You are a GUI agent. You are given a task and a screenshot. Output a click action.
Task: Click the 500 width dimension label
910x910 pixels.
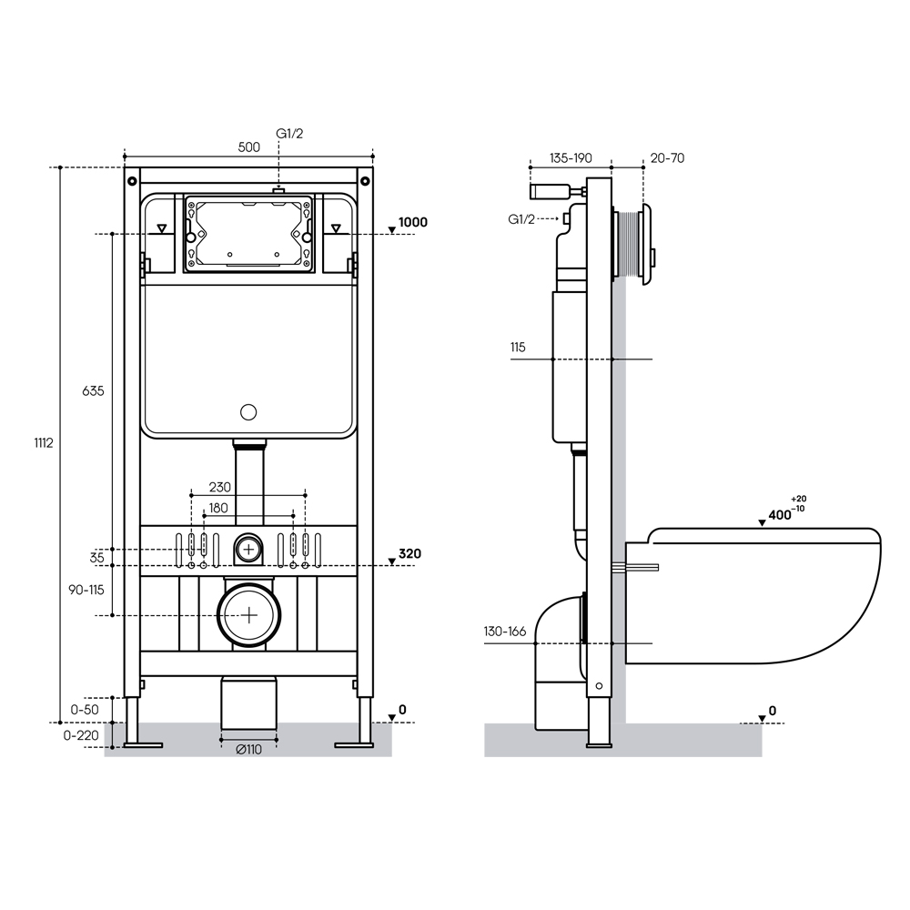[x=249, y=147]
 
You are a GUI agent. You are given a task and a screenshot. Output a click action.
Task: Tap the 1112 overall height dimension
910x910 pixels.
[x=44, y=443]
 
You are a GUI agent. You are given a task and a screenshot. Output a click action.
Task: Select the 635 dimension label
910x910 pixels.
[x=93, y=391]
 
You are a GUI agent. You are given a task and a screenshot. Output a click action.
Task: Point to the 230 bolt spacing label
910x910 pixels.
[x=220, y=488]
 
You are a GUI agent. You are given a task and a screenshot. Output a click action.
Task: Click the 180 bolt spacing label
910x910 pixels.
[x=218, y=509]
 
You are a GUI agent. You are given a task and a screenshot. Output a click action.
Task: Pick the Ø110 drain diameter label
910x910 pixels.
[x=249, y=750]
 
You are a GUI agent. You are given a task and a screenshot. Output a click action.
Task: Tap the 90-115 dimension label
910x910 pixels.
[x=86, y=591]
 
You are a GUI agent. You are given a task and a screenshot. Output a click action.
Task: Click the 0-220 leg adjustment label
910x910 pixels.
[x=81, y=735]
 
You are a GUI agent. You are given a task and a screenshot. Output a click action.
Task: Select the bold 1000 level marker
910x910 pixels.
[x=412, y=222]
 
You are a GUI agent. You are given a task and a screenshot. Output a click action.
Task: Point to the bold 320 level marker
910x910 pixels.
[x=409, y=553]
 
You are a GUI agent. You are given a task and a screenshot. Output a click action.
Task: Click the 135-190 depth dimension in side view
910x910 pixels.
[x=571, y=157]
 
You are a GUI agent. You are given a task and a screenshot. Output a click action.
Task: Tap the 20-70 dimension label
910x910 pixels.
[x=667, y=157]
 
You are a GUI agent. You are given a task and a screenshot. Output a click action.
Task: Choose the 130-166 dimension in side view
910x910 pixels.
[x=505, y=632]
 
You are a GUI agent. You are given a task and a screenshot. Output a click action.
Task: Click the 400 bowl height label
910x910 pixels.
[x=780, y=515]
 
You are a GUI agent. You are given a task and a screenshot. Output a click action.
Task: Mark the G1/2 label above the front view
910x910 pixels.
[x=289, y=134]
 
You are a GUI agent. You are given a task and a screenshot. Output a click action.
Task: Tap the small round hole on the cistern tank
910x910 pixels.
[x=248, y=412]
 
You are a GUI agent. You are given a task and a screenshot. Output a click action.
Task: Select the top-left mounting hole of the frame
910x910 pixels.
[x=133, y=180]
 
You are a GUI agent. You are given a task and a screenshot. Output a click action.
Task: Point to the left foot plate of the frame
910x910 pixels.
[x=144, y=745]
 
